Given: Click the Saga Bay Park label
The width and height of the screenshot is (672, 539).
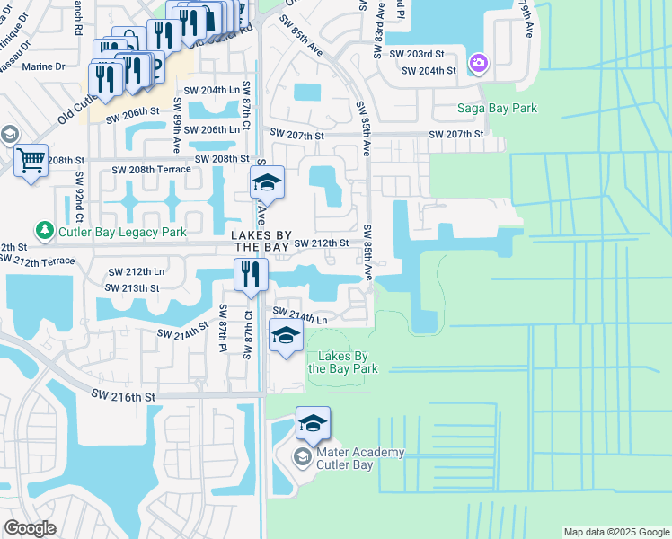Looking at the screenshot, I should point(496,109).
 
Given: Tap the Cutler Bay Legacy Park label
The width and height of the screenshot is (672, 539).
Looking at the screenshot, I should point(122,232).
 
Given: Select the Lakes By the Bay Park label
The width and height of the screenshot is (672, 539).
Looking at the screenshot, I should point(342,362).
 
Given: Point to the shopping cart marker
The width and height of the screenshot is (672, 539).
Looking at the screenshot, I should point(31,162).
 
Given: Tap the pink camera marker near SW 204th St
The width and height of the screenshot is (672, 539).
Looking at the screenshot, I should point(478,63).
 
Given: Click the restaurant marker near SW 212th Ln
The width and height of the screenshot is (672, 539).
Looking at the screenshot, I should point(251,275).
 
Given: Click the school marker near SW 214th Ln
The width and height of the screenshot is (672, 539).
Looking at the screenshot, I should point(286,336).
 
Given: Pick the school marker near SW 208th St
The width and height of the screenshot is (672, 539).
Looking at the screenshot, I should point(267,183).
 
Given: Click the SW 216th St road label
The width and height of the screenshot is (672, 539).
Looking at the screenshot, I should point(124,395).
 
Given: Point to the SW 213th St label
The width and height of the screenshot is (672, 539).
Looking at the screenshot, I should point(132,287).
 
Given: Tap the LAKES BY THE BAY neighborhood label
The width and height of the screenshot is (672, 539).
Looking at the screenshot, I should point(261,241).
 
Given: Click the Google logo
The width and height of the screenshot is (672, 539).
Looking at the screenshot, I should point(30,528).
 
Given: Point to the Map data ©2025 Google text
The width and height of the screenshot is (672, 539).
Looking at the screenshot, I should point(615,532).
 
